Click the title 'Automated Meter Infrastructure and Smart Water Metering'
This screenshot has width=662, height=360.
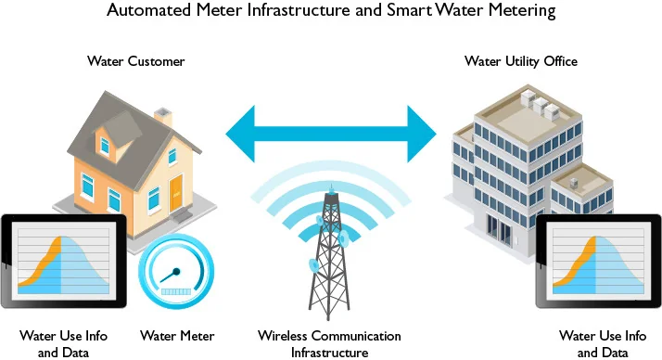tap(331, 12)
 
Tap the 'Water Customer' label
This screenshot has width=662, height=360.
tap(136, 62)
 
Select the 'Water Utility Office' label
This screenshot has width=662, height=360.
tap(520, 62)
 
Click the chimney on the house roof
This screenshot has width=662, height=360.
tap(162, 118)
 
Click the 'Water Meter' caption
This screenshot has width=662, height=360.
tap(177, 335)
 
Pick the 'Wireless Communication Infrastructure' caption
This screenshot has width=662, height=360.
tap(329, 343)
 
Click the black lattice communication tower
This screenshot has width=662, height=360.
tap(330, 260)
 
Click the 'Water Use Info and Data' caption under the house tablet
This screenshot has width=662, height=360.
tap(60, 343)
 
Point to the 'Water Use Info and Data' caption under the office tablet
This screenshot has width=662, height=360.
tap(602, 343)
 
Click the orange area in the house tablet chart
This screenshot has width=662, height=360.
tap(42, 269)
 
